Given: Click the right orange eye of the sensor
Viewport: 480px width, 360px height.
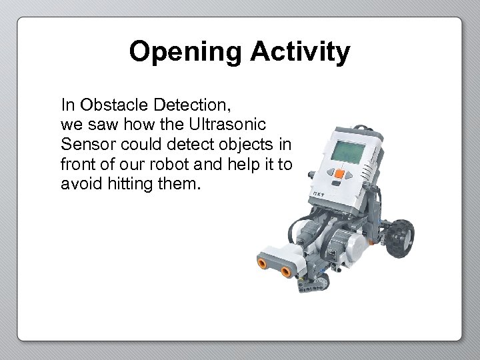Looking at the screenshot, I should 287,271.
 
